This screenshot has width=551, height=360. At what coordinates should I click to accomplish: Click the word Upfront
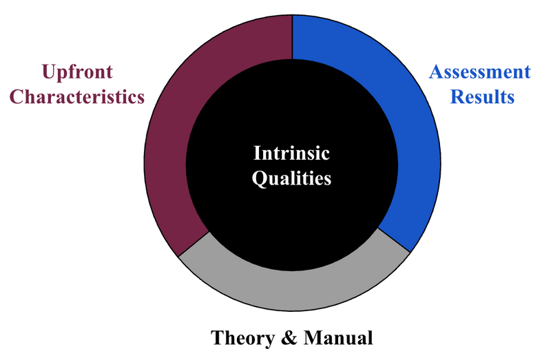[77, 73]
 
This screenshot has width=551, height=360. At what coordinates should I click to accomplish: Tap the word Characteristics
[77, 96]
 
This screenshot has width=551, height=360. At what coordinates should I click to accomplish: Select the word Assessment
[479, 72]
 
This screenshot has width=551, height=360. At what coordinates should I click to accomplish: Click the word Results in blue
[482, 96]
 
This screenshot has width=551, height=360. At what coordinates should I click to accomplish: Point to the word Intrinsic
[291, 153]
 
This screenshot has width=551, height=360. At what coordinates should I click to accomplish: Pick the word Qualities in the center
[291, 178]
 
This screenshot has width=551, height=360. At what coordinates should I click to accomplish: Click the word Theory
[243, 338]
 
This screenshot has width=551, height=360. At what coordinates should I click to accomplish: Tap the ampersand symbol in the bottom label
[289, 338]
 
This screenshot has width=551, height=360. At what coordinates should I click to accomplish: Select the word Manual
[338, 338]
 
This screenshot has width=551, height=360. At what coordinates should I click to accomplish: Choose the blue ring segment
[418, 147]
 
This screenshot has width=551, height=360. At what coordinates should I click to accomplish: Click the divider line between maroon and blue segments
[292, 37]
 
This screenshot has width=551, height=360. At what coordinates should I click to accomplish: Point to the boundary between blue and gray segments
[394, 240]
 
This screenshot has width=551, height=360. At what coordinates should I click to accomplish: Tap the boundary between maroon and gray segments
[194, 244]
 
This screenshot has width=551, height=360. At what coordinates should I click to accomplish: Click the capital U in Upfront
[49, 72]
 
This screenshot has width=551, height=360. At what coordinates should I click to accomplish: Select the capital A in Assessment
[437, 72]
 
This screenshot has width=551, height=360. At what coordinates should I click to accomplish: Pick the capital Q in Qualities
[260, 179]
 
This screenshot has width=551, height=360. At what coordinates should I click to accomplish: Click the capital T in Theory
[218, 338]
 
